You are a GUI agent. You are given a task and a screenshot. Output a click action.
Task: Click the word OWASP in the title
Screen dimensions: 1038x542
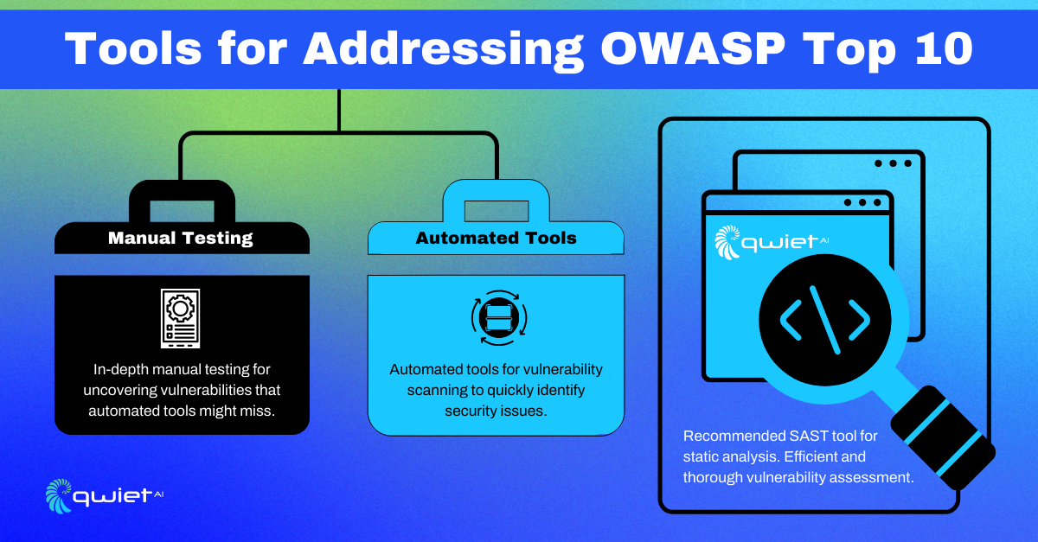(693, 48)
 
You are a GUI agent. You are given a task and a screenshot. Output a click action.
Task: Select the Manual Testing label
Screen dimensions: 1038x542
(180, 238)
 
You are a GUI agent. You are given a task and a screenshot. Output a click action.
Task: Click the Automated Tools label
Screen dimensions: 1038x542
(496, 238)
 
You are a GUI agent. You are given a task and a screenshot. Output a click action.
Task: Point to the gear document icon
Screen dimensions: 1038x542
(180, 318)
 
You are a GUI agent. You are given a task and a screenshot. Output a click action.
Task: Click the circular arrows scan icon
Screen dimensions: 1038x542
(499, 318)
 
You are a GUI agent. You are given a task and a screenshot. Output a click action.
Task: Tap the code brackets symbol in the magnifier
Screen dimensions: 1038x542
(825, 320)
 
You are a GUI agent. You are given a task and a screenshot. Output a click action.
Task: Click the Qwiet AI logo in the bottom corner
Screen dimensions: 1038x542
(105, 496)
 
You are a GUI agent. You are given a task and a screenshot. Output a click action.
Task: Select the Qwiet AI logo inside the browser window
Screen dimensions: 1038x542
(771, 242)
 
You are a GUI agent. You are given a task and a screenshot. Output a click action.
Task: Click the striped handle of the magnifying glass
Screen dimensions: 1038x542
(943, 437)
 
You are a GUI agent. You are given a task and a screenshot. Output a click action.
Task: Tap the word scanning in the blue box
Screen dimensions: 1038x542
(437, 391)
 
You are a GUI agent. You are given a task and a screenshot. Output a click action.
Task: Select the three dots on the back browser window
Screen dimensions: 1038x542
(893, 163)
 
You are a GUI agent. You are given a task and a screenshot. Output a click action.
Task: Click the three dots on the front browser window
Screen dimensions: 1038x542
(862, 202)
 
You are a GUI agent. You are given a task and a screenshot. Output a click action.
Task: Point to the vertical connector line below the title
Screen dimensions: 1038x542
(339, 111)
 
